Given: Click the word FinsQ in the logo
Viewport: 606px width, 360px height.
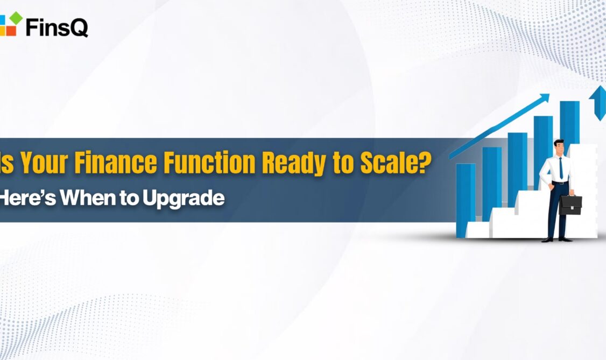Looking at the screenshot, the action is (x=57, y=27).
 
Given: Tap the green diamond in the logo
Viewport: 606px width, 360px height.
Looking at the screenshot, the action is (x=16, y=18).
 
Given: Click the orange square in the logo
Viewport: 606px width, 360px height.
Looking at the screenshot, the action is (x=10, y=31).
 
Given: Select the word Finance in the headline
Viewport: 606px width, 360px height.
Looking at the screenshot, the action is (x=116, y=162).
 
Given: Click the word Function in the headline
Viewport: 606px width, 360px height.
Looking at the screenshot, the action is (x=209, y=162).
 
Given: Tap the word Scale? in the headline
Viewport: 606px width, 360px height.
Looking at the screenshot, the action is (x=396, y=162).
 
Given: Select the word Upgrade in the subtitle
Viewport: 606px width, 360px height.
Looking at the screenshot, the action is (x=184, y=199).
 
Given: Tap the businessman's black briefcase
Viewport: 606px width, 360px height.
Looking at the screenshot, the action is (x=570, y=204).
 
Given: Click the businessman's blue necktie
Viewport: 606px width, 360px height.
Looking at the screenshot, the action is (x=561, y=168).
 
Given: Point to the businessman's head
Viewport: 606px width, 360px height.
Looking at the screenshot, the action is (x=559, y=147).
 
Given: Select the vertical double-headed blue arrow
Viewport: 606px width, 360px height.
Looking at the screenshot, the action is (x=597, y=103).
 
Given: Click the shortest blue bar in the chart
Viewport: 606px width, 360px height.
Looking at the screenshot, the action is (x=466, y=201).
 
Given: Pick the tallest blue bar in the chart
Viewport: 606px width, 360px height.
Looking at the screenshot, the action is (x=569, y=128).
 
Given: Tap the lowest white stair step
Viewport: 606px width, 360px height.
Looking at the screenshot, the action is (x=478, y=230).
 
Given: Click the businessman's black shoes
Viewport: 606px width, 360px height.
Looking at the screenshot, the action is (x=557, y=239).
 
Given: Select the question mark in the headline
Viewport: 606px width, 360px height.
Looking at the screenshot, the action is (x=426, y=162).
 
